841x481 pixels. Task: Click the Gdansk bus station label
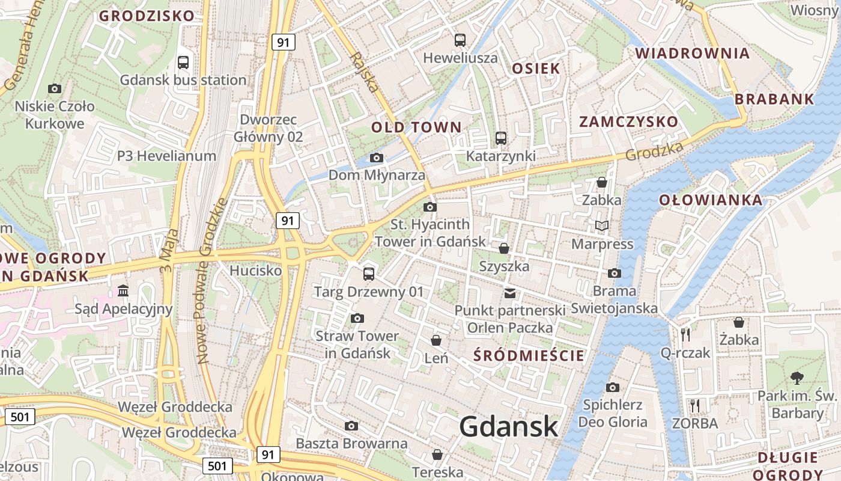(183, 80)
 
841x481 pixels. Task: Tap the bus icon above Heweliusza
(460, 40)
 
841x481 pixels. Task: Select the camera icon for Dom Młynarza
(377, 158)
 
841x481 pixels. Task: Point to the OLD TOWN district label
(416, 127)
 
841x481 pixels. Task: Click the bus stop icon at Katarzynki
(501, 138)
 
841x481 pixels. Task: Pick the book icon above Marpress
(601, 226)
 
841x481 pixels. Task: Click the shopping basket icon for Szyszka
(504, 248)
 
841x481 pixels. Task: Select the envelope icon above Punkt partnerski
(510, 293)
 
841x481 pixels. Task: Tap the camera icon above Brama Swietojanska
(614, 274)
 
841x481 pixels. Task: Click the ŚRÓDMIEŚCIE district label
(529, 355)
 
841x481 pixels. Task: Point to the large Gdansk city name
(509, 426)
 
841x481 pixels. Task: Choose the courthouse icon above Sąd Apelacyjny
(123, 291)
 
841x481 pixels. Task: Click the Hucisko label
(256, 271)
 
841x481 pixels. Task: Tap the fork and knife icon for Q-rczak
(685, 334)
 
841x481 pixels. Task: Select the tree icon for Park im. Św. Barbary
(797, 378)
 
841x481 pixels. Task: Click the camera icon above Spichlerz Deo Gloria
(612, 387)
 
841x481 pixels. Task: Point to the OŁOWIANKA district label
(711, 200)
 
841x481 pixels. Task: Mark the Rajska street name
(364, 73)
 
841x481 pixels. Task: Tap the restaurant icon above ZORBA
(695, 405)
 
